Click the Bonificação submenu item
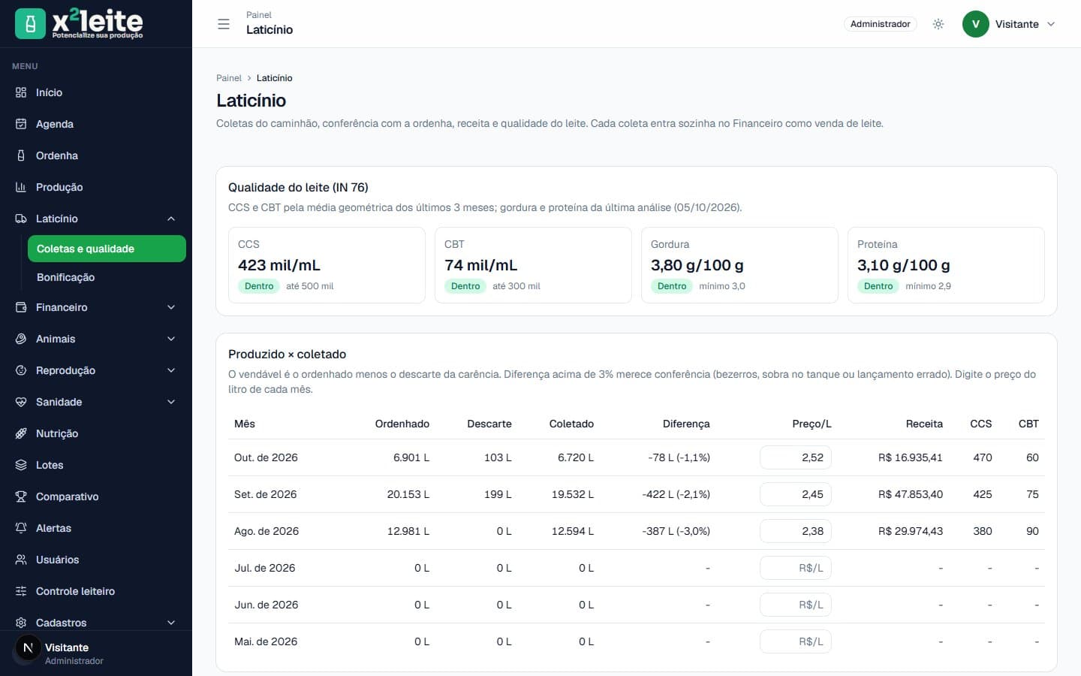pyautogui.click(x=65, y=277)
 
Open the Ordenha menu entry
pyautogui.click(x=56, y=155)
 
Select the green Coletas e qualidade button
pyautogui.click(x=107, y=249)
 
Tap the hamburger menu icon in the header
pyautogui.click(x=224, y=24)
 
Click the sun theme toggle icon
pyautogui.click(x=938, y=24)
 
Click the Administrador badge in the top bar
pyautogui.click(x=881, y=24)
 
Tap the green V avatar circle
pyautogui.click(x=975, y=24)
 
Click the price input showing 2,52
pyautogui.click(x=795, y=457)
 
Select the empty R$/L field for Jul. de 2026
pyautogui.click(x=795, y=568)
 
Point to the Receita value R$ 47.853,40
pyautogui.click(x=910, y=494)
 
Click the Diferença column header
pyautogui.click(x=686, y=424)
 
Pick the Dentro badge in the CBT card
pyautogui.click(x=465, y=286)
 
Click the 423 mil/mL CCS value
pyautogui.click(x=279, y=265)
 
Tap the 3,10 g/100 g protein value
pyautogui.click(x=903, y=265)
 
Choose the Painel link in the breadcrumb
pyautogui.click(x=229, y=78)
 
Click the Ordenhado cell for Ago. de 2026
pyautogui.click(x=408, y=531)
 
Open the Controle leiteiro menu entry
pyautogui.click(x=75, y=591)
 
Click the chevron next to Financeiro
pyautogui.click(x=171, y=307)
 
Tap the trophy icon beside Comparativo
pyautogui.click(x=21, y=496)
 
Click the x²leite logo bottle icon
pyautogui.click(x=30, y=24)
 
